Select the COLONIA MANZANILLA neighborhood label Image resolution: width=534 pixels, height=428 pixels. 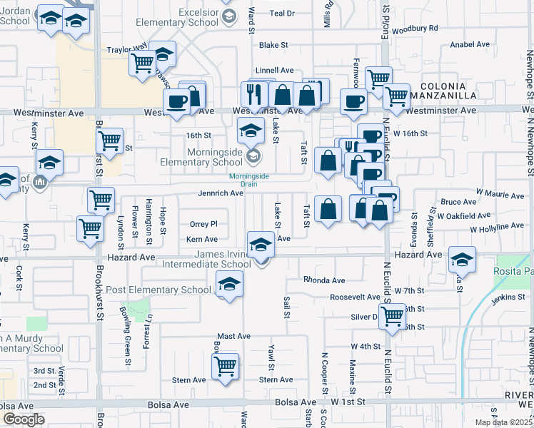pyautogui.click(x=448, y=90)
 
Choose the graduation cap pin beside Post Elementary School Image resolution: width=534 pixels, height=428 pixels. pyautogui.click(x=229, y=285)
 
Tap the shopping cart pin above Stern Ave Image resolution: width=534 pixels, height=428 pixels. pyautogui.click(x=225, y=366)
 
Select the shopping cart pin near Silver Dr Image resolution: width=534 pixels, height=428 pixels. pyautogui.click(x=393, y=316)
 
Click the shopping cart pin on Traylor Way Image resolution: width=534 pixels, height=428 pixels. pyautogui.click(x=143, y=63)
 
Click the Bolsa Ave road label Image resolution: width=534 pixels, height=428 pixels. pyautogui.click(x=169, y=404)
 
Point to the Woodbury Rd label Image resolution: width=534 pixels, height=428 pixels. pyautogui.click(x=415, y=28)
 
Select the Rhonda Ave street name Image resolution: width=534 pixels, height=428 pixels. pyautogui.click(x=323, y=280)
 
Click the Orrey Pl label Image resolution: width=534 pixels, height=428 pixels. pyautogui.click(x=203, y=224)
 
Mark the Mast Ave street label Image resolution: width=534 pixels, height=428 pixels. pyautogui.click(x=233, y=336)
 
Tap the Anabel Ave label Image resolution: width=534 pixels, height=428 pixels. pyautogui.click(x=470, y=44)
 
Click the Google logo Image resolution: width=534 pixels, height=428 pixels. pyautogui.click(x=24, y=419)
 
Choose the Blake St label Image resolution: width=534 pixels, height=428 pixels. pyautogui.click(x=273, y=45)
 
